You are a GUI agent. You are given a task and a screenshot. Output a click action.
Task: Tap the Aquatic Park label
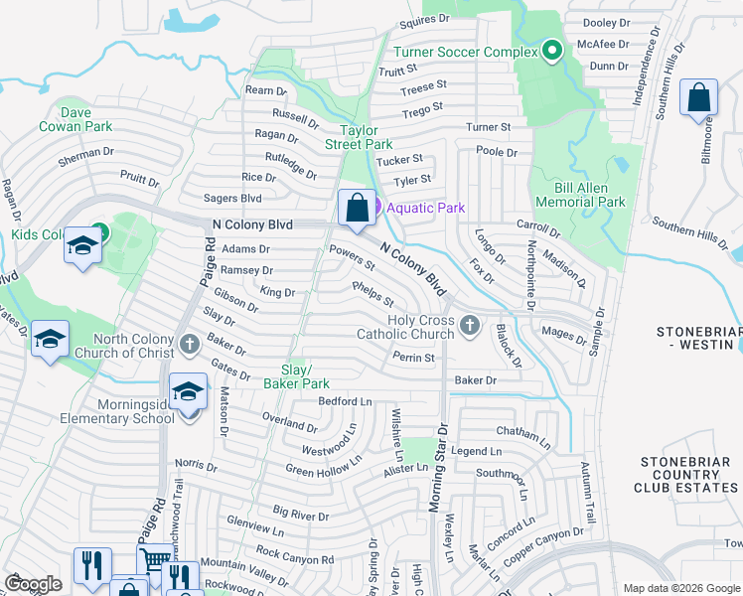click(x=425, y=207)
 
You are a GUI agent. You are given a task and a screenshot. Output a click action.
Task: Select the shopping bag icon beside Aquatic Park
click(x=357, y=209)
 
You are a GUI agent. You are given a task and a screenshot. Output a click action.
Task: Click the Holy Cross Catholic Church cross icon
click(x=471, y=324)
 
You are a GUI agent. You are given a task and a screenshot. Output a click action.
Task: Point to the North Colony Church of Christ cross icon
click(x=191, y=345)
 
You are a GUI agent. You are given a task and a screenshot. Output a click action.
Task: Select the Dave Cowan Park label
click(x=74, y=119)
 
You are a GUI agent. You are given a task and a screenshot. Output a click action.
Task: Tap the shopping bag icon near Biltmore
click(x=698, y=98)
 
